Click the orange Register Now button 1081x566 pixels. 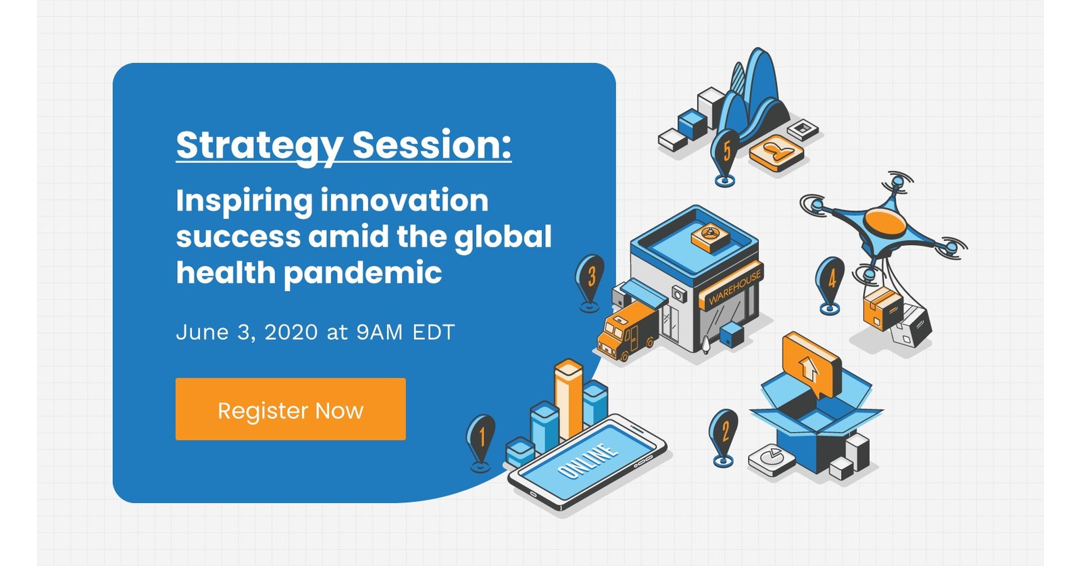click(x=291, y=409)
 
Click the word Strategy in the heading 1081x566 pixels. click(x=259, y=145)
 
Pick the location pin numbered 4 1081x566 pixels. click(x=830, y=279)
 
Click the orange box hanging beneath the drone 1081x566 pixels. click(x=882, y=307)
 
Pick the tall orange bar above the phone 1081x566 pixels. click(x=568, y=398)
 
